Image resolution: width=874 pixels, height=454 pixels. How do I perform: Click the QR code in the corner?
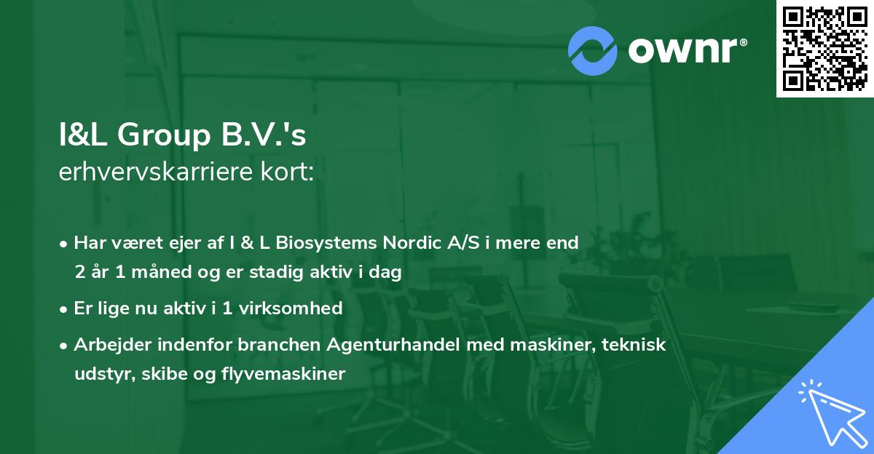point(825,49)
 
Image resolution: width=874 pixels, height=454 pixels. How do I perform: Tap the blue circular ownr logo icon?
point(593,50)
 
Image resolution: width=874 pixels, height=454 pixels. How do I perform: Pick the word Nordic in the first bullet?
point(412,243)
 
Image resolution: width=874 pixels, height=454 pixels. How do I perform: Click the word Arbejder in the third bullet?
point(109,345)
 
